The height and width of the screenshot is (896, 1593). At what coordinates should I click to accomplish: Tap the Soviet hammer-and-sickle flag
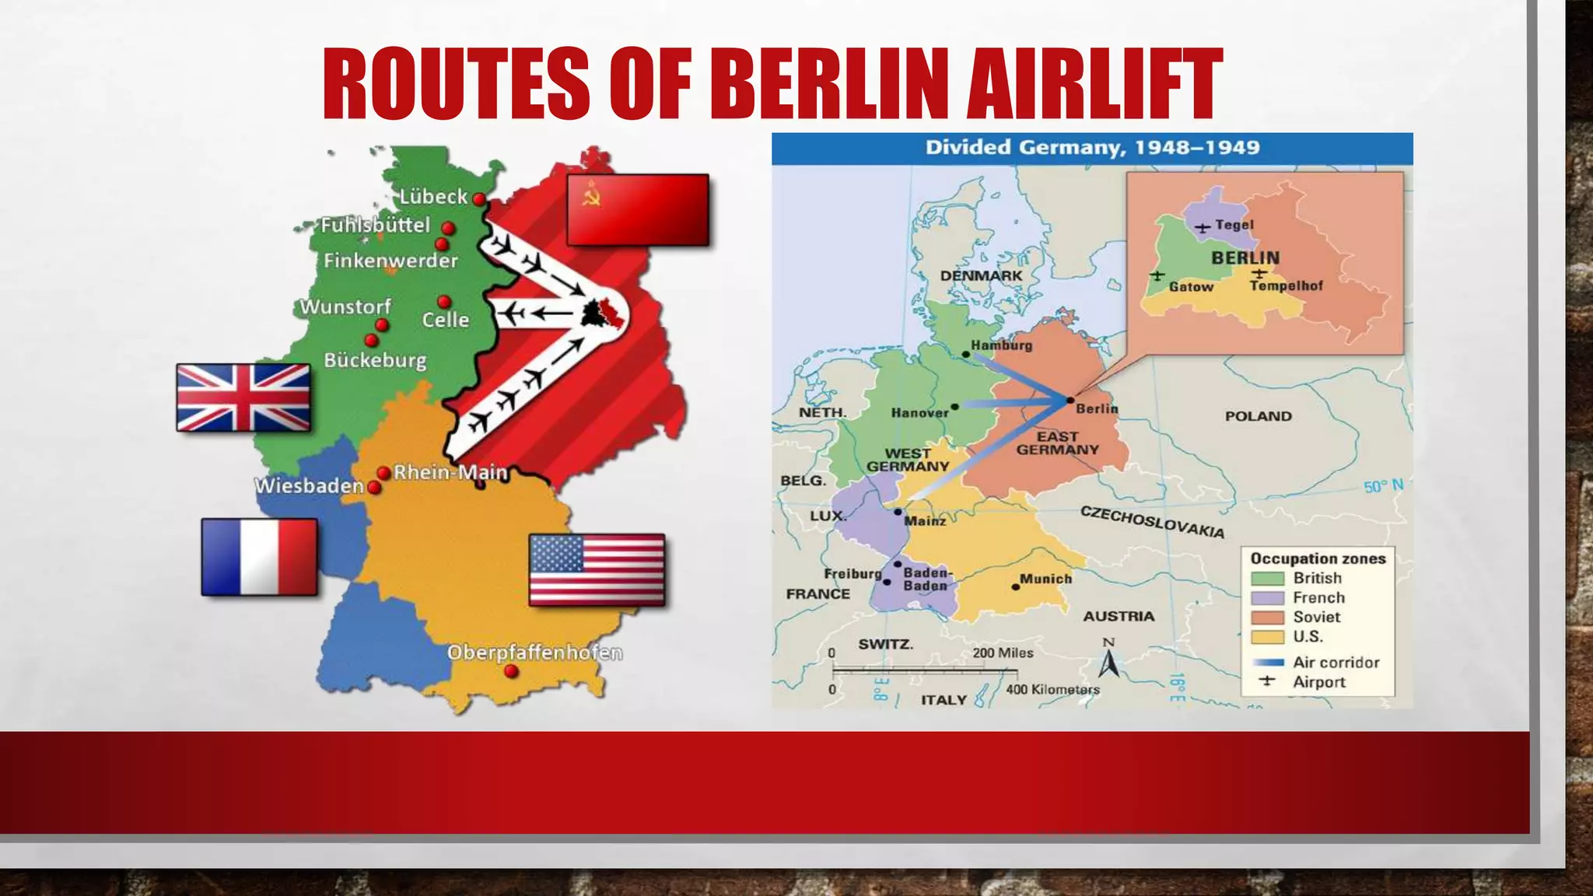point(637,210)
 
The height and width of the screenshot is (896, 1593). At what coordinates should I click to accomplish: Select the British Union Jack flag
point(243,397)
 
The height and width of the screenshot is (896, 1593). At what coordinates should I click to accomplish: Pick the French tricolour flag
point(259,557)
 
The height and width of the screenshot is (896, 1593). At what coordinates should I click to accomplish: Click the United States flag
point(597,570)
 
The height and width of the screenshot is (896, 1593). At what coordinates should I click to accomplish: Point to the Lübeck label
point(433,197)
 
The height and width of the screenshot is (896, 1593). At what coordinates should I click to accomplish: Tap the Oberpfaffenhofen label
point(534,653)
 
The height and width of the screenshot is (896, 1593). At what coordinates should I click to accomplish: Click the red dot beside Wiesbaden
point(374,488)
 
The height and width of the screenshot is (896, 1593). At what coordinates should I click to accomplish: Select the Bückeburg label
point(375,360)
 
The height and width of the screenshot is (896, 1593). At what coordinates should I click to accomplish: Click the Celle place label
point(446,320)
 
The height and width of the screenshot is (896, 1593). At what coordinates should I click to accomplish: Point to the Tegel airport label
point(1234,225)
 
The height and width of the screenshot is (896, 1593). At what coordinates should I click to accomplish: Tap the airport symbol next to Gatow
point(1157,275)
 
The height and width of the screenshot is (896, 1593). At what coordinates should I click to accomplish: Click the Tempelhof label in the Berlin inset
point(1286,286)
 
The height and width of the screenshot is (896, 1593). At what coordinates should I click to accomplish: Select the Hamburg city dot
point(965,355)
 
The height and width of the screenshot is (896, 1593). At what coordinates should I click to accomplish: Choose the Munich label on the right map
point(1045,579)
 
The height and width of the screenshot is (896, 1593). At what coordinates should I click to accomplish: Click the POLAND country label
point(1258,416)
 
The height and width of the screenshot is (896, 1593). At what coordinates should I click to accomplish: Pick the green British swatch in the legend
point(1267,579)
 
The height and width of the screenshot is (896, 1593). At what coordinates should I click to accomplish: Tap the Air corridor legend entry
point(1336,663)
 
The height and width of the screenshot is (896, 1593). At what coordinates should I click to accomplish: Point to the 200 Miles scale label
point(1003,653)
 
